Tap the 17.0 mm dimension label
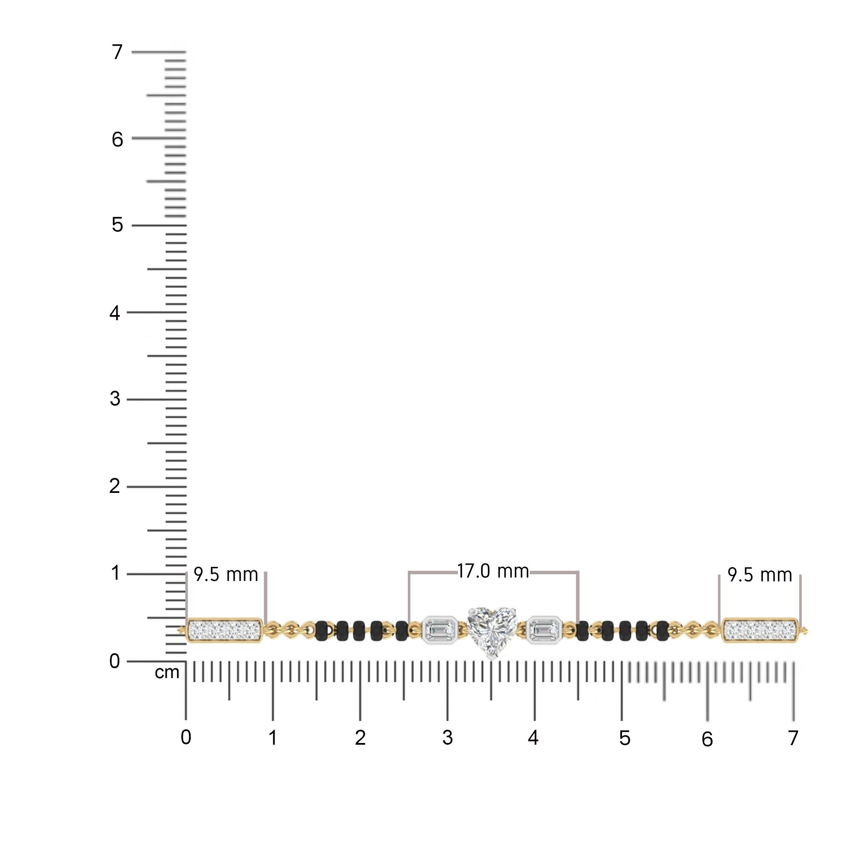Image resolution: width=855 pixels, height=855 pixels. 493,571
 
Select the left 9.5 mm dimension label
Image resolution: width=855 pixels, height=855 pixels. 226,575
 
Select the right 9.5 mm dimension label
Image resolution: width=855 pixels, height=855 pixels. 760,575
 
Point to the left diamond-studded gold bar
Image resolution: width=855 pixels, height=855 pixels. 224,630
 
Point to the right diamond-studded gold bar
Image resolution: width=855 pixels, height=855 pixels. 760,630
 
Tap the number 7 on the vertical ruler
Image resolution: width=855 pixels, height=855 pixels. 117,52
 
